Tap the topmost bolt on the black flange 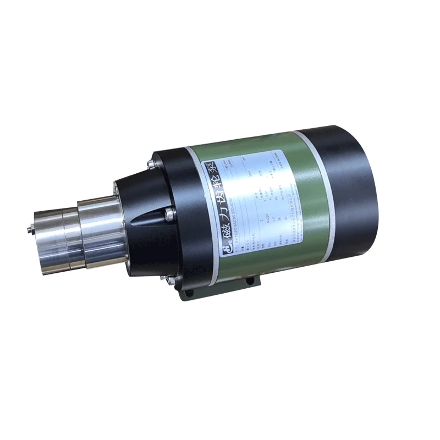150,163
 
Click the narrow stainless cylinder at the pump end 50,237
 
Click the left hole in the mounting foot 190,294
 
